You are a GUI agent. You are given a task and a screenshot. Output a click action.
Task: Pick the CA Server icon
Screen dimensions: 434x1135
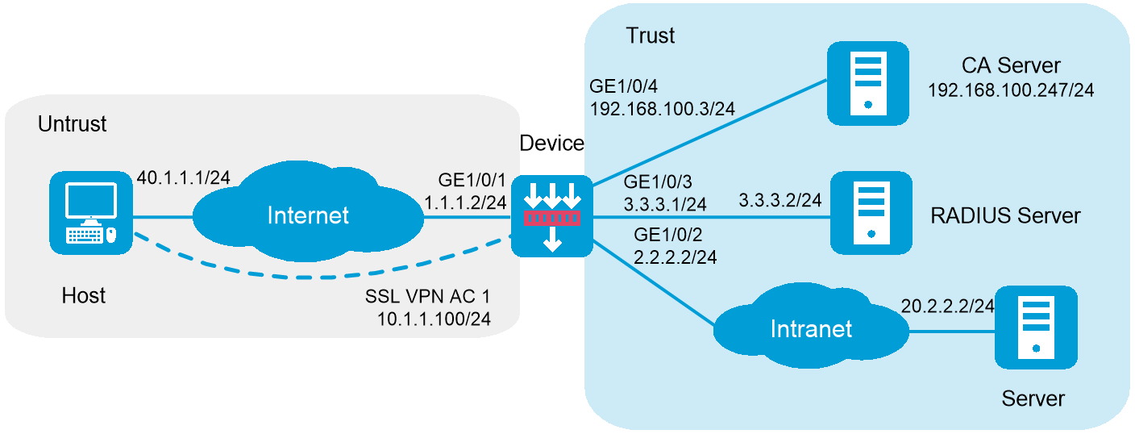pos(867,81)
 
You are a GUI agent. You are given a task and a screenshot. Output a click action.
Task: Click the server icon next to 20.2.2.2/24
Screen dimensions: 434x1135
pos(1035,328)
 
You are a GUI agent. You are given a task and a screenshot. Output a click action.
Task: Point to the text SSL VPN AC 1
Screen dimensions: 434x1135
pos(426,294)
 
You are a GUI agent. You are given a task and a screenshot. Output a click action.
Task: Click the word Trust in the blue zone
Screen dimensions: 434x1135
pos(650,35)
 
